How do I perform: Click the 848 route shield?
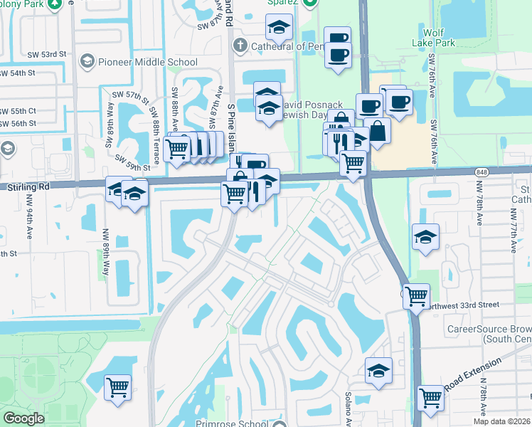(x=482, y=172)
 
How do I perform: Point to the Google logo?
(x=23, y=418)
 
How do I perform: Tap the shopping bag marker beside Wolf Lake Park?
(x=378, y=131)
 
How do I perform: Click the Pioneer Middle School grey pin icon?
(x=87, y=61)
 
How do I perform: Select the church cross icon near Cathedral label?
(x=240, y=46)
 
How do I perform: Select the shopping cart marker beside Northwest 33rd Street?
(x=415, y=294)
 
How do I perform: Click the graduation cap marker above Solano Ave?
(x=379, y=370)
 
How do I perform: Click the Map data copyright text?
(x=501, y=421)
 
